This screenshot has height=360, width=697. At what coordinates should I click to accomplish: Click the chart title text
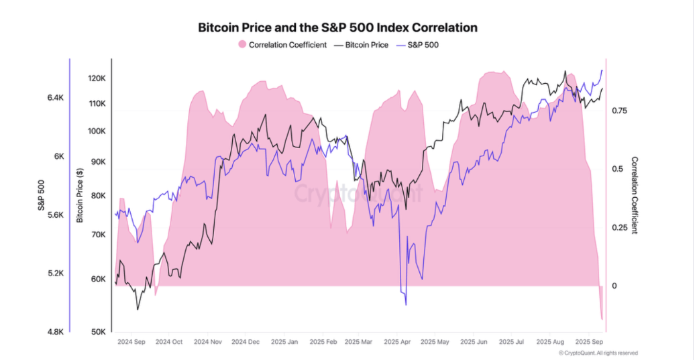coord(337,28)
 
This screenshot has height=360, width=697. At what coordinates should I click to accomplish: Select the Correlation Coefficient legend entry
coord(282,46)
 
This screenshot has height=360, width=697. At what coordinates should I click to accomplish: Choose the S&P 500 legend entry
coord(420,46)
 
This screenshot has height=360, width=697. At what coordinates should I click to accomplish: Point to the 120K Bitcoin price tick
coord(97,78)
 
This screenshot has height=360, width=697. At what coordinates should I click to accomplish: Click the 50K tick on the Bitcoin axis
coord(98,332)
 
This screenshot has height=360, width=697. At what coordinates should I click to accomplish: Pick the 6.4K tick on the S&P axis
coord(55,98)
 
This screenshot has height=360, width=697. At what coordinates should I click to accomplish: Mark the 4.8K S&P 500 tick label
coord(55,332)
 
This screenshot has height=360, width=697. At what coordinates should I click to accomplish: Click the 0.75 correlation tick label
coord(619,111)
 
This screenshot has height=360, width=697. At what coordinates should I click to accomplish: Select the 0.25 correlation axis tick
coord(619,228)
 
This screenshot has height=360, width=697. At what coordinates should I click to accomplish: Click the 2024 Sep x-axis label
coord(131,341)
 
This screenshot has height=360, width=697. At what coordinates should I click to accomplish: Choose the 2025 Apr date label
coord(396,341)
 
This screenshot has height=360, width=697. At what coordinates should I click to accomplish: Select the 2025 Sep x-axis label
coord(588,341)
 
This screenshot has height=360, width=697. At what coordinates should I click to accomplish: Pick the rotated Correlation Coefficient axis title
coord(634,195)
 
